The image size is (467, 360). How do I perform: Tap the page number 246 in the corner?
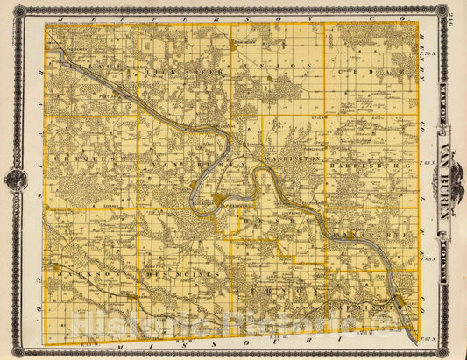point(452,11)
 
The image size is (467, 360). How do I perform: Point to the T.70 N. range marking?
point(428,54)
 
